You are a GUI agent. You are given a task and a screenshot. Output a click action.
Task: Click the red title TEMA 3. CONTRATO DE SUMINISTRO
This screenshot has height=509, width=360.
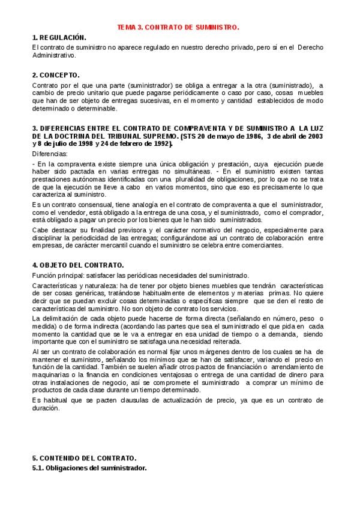pyautogui.click(x=178, y=28)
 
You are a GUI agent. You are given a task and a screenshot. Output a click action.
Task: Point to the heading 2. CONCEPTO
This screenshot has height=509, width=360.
pyautogui.click(x=56, y=76)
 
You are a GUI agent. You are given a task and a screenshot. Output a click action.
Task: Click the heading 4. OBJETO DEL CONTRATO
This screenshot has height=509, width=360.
pyautogui.click(x=78, y=265)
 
